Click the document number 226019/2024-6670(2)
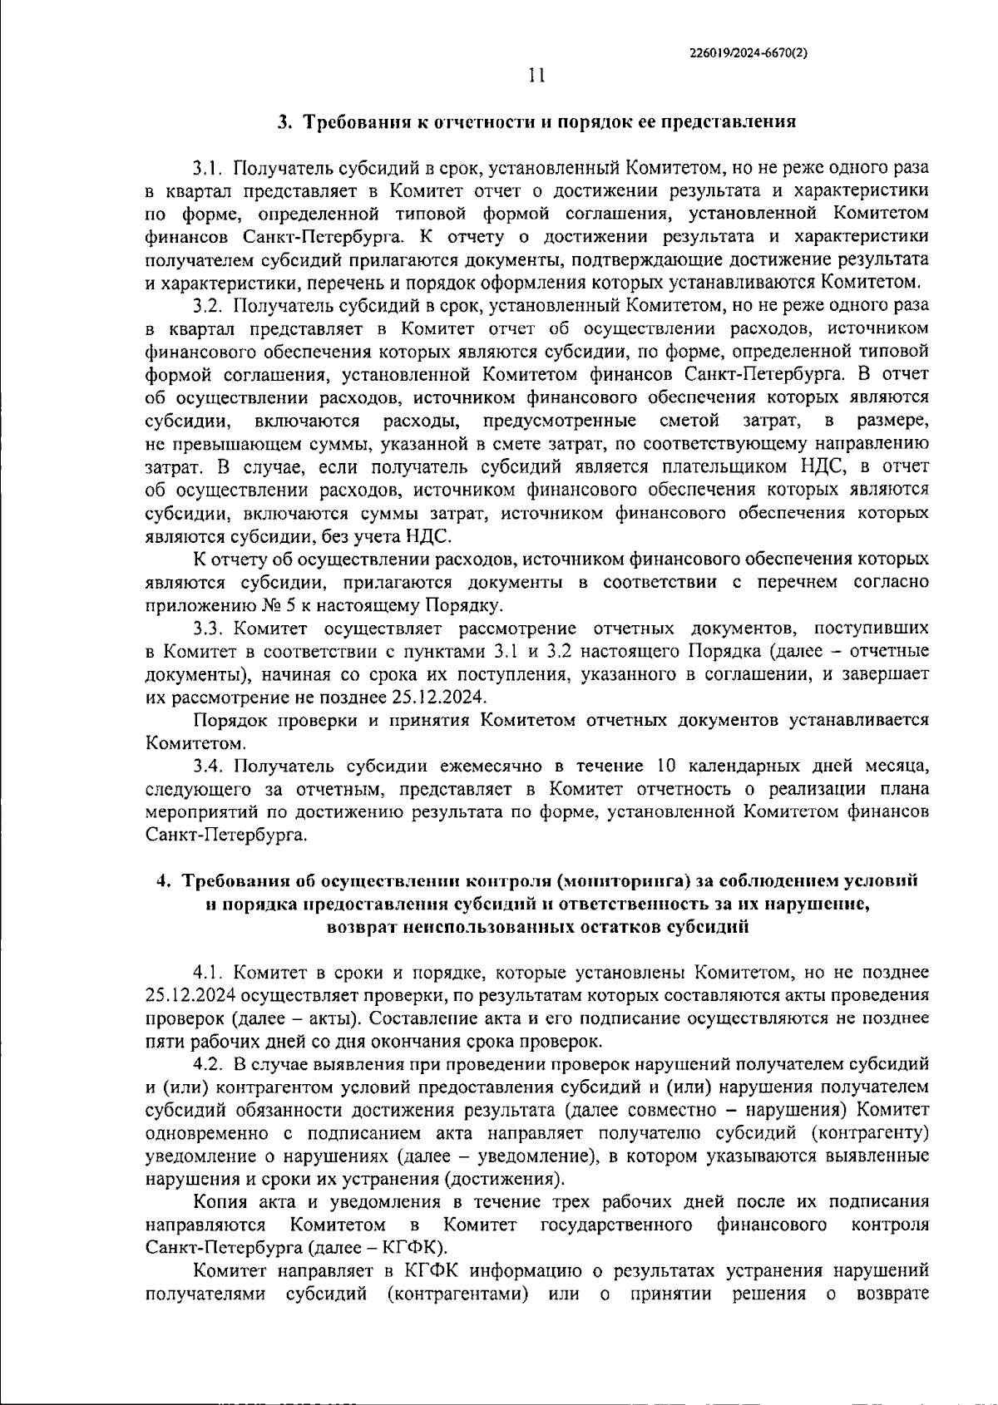[749, 52]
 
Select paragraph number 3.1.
[209, 169]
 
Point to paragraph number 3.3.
[209, 628]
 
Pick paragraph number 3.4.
[209, 766]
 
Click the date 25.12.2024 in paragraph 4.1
[188, 995]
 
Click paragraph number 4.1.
[209, 972]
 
